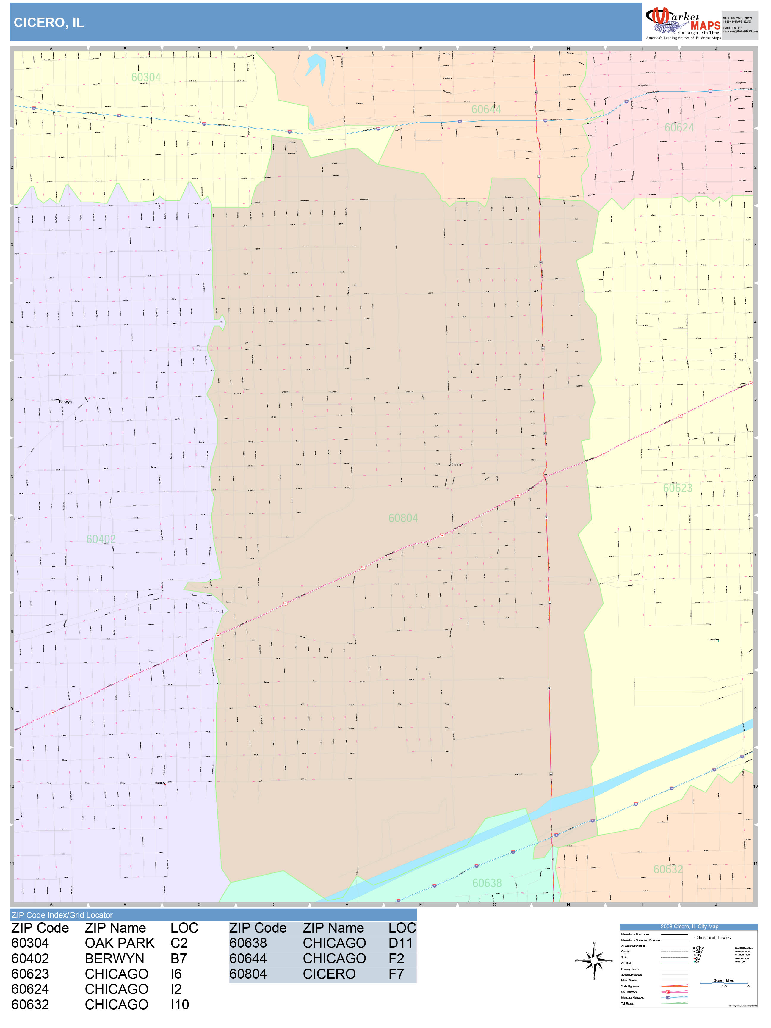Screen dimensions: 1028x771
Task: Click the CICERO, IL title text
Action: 49,23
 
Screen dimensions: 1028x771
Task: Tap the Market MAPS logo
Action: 682,23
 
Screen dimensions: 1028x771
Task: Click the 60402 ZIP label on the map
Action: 101,539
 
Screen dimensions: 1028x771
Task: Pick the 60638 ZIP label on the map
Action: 487,883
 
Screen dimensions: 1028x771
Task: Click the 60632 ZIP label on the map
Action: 668,869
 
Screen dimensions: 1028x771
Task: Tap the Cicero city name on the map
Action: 455,465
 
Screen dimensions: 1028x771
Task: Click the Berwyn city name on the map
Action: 65,402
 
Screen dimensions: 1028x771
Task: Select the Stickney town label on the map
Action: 160,783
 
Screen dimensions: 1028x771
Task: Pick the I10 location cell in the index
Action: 179,1005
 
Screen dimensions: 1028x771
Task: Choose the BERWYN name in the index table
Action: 114,958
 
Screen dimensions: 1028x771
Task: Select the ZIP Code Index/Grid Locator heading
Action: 62,915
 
